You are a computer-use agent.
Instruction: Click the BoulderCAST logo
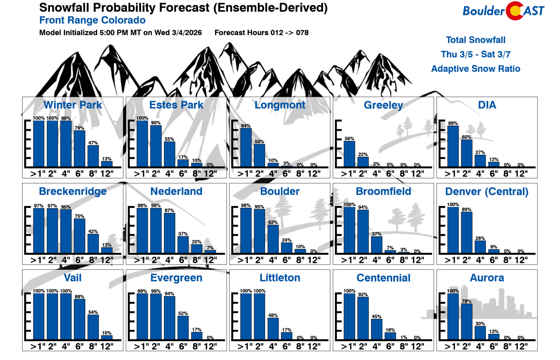tap(503, 11)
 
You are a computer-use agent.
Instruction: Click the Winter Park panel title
tap(73, 105)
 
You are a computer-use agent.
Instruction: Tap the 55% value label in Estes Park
tap(169, 139)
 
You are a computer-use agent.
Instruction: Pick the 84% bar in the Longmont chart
tap(246, 148)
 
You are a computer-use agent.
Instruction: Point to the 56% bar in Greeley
tap(349, 154)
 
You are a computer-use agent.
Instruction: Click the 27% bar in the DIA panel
tap(480, 161)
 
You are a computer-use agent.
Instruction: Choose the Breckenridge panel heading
tap(73, 191)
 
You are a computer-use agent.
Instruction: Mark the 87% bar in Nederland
tap(169, 233)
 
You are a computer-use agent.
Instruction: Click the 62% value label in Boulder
tap(273, 222)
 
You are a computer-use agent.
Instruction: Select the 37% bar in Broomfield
tap(376, 245)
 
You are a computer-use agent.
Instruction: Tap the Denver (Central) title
tap(487, 191)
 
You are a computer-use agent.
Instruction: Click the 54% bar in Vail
tap(93, 327)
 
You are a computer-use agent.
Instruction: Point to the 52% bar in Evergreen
tap(183, 328)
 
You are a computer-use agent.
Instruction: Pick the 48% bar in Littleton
tap(273, 329)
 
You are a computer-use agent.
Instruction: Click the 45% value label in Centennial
tap(376, 317)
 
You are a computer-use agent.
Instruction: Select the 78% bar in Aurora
tap(467, 322)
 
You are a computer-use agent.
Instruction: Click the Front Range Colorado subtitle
tap(92, 20)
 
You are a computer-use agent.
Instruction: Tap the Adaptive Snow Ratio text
tap(476, 69)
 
